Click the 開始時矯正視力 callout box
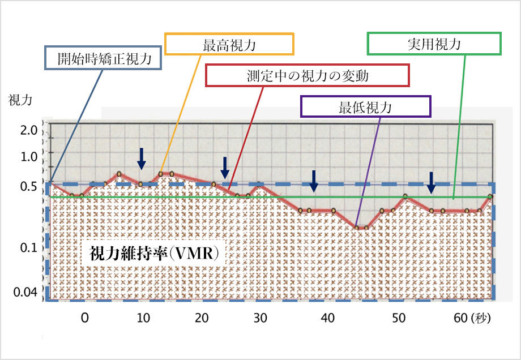pyautogui.click(x=104, y=58)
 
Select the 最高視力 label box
pyautogui.click(x=229, y=44)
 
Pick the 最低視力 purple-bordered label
pyautogui.click(x=365, y=107)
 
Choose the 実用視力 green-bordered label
pyautogui.click(x=434, y=43)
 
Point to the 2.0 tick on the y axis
pyautogui.click(x=28, y=131)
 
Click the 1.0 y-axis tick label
pyautogui.click(x=28, y=156)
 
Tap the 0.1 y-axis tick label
pyautogui.click(x=28, y=247)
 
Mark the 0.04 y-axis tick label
pyautogui.click(x=25, y=292)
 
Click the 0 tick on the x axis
pyautogui.click(x=84, y=318)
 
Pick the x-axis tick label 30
pyautogui.click(x=260, y=318)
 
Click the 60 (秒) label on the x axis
pyautogui.click(x=471, y=318)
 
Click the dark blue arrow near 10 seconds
pyautogui.click(x=142, y=158)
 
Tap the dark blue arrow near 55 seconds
pyautogui.click(x=431, y=182)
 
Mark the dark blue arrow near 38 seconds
pyautogui.click(x=313, y=180)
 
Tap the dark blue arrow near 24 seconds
pyautogui.click(x=225, y=166)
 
